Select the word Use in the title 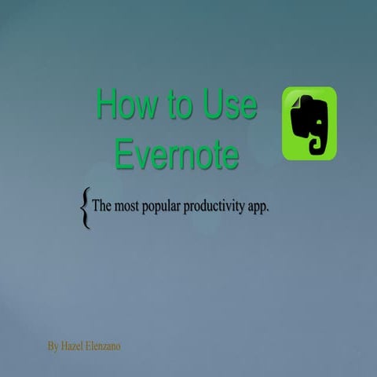(x=229, y=104)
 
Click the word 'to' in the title (x=177, y=105)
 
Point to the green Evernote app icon (x=309, y=123)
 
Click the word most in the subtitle (x=129, y=207)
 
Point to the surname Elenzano (x=104, y=346)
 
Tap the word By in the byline (x=53, y=346)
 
